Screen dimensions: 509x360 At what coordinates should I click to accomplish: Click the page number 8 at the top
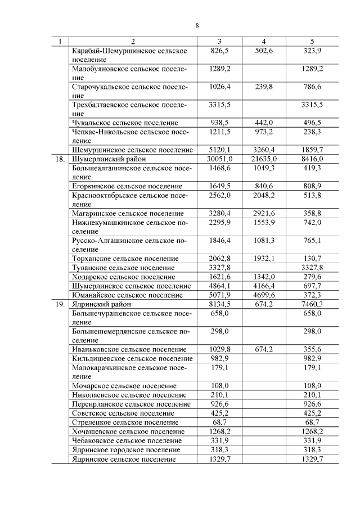[197, 25]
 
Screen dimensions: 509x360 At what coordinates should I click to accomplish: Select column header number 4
[263, 42]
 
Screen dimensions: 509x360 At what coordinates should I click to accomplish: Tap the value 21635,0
[263, 159]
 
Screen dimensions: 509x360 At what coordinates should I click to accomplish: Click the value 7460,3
[312, 304]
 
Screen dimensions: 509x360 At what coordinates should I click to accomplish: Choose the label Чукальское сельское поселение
[125, 123]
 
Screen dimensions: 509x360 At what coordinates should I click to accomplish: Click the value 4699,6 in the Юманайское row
[263, 295]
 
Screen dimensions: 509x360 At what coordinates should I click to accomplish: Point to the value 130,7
[312, 259]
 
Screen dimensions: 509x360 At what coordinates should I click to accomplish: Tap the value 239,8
[263, 87]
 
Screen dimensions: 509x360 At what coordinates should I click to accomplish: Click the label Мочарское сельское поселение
[124, 386]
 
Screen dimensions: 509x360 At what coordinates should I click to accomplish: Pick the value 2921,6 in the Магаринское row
[263, 214]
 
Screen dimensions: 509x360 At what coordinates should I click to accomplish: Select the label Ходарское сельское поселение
[124, 277]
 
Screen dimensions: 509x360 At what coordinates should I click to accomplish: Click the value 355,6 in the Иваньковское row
[312, 349]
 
